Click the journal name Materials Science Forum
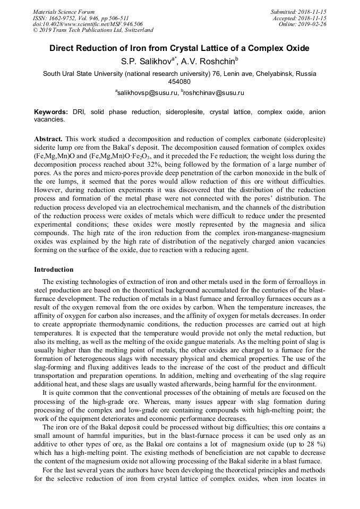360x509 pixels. click(x=64, y=11)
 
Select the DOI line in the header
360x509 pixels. click(x=88, y=24)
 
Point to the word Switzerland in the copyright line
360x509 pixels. click(x=136, y=30)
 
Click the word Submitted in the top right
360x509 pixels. click(x=285, y=11)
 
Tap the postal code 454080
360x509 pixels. click(x=179, y=82)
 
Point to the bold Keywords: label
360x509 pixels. click(x=51, y=113)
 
